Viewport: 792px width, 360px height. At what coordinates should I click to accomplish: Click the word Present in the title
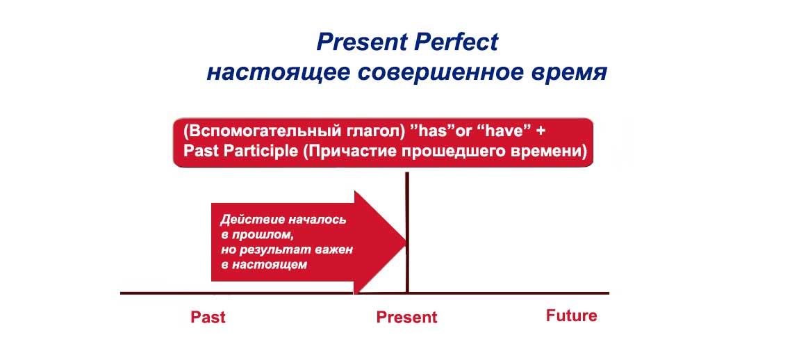(361, 42)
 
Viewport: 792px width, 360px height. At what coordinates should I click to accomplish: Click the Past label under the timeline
(208, 318)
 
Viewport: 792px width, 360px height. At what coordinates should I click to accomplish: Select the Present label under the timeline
(406, 318)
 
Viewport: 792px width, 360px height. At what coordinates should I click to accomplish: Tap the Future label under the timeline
(571, 316)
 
